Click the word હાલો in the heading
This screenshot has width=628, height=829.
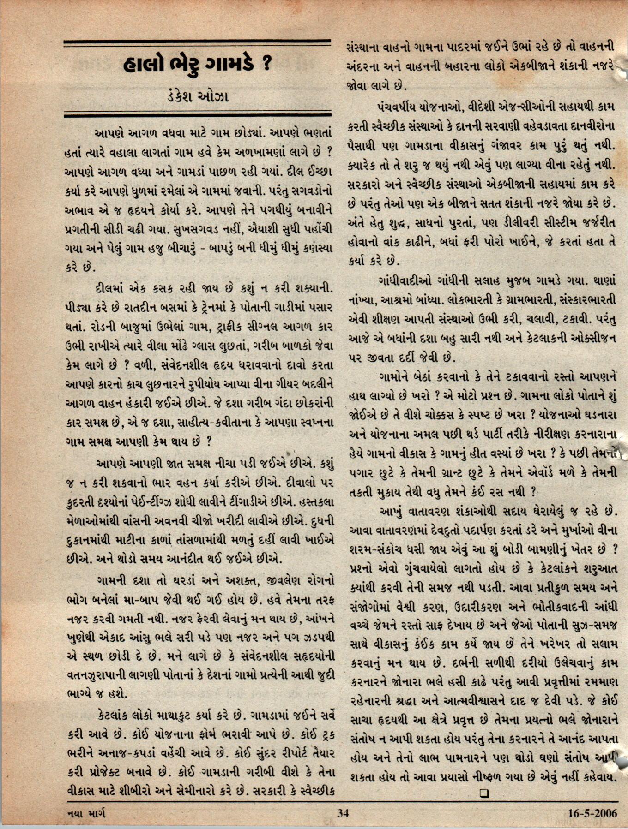coord(146,66)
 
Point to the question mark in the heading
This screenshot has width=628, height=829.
coord(266,65)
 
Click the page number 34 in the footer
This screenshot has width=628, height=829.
coord(343,813)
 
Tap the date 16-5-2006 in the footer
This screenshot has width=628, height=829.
coord(592,813)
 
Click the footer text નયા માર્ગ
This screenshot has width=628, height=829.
coord(86,813)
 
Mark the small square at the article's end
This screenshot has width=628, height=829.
coord(484,793)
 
